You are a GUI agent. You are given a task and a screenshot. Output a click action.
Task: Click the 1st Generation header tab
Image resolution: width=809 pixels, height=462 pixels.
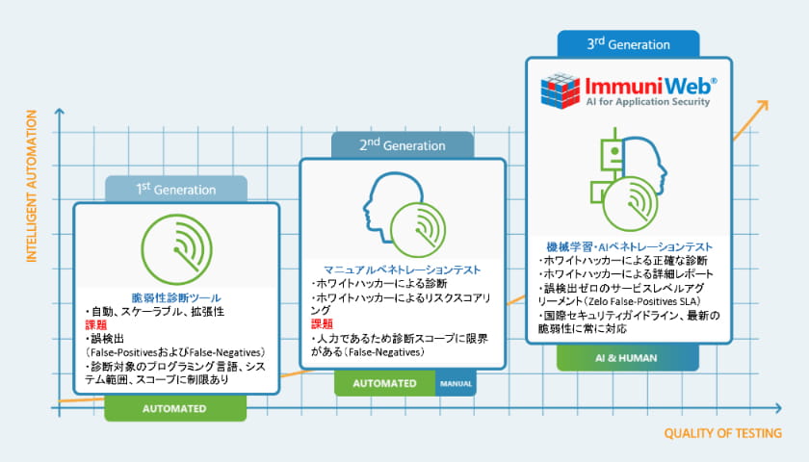(176, 189)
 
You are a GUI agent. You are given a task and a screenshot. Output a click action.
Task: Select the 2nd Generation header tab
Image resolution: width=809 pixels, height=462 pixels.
(403, 145)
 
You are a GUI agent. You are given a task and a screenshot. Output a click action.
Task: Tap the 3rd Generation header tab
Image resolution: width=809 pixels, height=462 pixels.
(628, 43)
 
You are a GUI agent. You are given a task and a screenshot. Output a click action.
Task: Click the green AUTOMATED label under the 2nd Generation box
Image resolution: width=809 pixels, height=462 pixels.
(384, 383)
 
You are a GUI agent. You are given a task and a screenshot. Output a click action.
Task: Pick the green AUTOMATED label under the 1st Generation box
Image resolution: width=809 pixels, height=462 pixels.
(175, 408)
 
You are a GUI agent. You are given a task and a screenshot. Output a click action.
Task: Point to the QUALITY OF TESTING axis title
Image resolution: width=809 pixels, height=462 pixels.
(722, 432)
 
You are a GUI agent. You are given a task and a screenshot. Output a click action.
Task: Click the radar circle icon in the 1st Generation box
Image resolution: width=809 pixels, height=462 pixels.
(174, 247)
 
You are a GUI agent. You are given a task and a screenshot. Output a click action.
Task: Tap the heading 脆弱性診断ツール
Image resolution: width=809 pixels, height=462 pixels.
(176, 298)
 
